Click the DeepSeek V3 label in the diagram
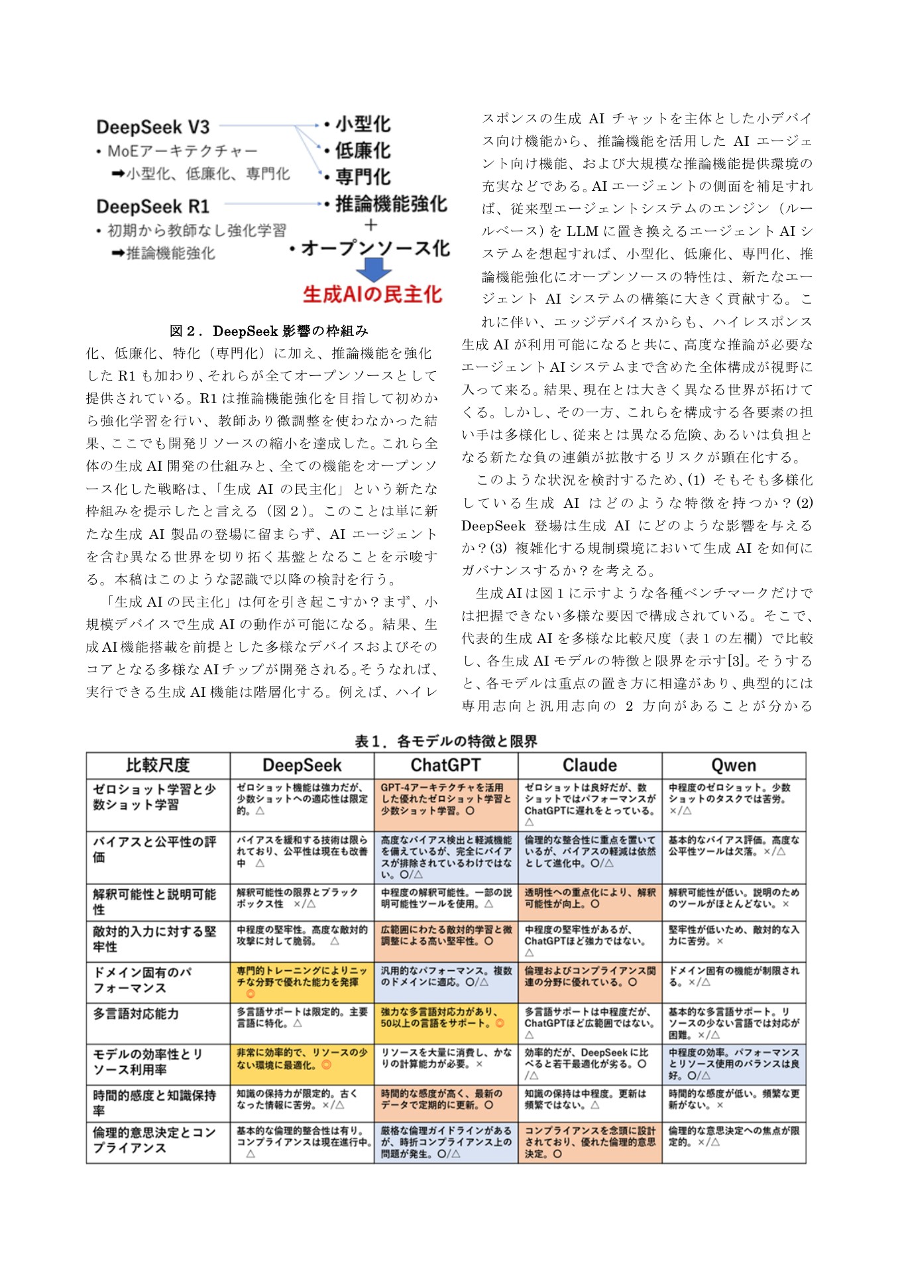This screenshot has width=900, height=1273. (152, 127)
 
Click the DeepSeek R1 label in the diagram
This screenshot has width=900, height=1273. (152, 206)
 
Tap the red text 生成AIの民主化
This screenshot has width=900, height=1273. (372, 294)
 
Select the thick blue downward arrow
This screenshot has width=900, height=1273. (374, 269)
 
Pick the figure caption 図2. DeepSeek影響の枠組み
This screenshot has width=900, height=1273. (268, 330)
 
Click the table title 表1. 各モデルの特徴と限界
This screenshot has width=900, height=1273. (445, 741)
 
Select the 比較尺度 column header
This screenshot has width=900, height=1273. (158, 765)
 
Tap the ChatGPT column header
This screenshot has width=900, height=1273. (445, 765)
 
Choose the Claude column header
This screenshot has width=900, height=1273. (589, 765)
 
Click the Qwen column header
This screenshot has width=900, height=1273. (733, 765)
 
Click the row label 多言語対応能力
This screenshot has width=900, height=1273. (136, 1014)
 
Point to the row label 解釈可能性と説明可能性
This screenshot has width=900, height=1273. (154, 901)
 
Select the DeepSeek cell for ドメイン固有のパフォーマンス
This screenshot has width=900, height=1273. (302, 981)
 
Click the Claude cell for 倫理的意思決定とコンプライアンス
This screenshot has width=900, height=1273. (589, 1142)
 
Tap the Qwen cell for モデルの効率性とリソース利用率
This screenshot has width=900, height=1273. (733, 1063)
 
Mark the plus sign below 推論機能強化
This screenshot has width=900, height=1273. (370, 225)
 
